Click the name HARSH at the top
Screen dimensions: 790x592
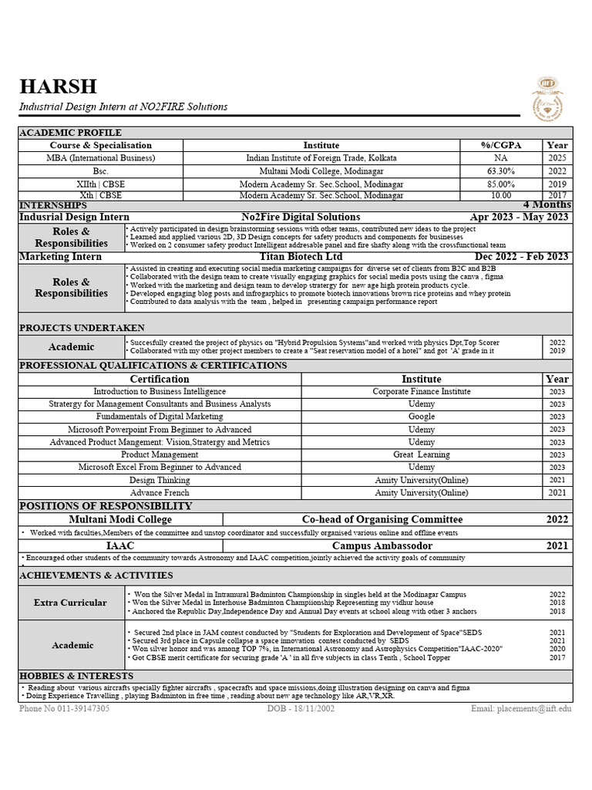tap(59, 86)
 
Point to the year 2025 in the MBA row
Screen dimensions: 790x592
tap(557, 157)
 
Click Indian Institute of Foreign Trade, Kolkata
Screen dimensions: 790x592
tap(321, 157)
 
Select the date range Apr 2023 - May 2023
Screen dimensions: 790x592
tap(520, 217)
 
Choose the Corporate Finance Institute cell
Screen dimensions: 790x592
tap(422, 391)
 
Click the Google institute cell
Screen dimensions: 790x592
tap(422, 417)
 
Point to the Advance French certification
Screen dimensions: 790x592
tap(160, 492)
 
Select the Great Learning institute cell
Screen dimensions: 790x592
tap(422, 454)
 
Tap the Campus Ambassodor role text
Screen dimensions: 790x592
tap(382, 545)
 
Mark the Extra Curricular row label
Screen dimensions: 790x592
tap(70, 603)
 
